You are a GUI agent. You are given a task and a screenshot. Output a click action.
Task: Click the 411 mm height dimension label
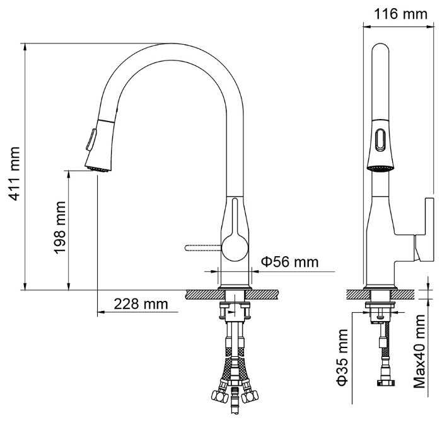point(14,173)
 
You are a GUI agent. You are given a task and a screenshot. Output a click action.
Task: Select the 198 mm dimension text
point(60,227)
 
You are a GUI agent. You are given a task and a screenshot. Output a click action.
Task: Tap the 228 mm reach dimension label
point(141,304)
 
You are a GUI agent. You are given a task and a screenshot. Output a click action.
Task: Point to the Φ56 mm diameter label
point(290,262)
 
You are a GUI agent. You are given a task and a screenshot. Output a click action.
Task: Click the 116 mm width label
point(400,14)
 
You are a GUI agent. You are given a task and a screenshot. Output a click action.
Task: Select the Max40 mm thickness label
point(419,351)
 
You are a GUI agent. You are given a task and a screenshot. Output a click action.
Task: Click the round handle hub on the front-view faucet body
point(235,248)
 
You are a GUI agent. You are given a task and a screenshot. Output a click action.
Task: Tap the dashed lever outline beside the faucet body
point(203,247)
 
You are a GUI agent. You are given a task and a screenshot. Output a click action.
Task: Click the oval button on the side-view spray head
point(381,139)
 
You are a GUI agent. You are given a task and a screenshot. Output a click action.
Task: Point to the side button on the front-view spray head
point(91,140)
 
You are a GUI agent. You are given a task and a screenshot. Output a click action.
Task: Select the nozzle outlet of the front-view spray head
point(98,169)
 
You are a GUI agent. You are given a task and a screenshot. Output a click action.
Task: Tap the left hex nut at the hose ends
point(220,396)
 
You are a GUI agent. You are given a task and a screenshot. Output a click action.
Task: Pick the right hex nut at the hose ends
point(250,396)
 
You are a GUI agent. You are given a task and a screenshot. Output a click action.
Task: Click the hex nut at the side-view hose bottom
point(386,383)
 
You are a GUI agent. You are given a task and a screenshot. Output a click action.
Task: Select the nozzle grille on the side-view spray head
point(381,169)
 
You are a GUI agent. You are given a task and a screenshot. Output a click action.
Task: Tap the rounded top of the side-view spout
point(381,48)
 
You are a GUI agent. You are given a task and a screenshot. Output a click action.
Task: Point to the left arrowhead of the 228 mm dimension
point(101,312)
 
